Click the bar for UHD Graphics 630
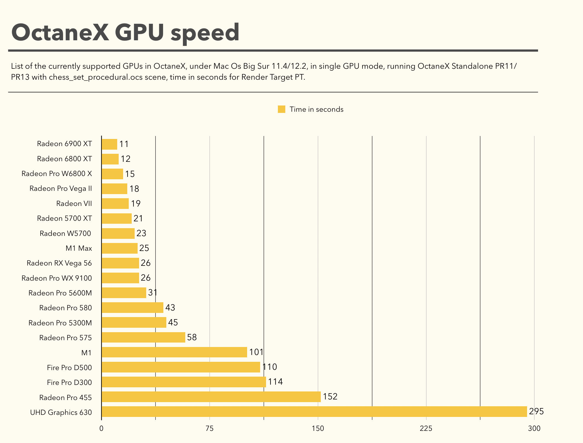pyautogui.click(x=314, y=412)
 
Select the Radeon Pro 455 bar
pyautogui.click(x=211, y=397)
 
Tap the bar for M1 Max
pyautogui.click(x=120, y=248)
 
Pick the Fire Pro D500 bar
pyautogui.click(x=181, y=367)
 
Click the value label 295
pyautogui.click(x=536, y=411)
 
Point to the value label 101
pyautogui.click(x=256, y=352)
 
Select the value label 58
pyautogui.click(x=192, y=337)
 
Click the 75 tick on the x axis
pyautogui.click(x=210, y=428)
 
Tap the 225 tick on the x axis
pyautogui.click(x=426, y=428)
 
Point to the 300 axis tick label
pyautogui.click(x=534, y=428)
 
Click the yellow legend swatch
pyautogui.click(x=281, y=109)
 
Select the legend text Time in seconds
pyautogui.click(x=316, y=109)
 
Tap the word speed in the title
pyautogui.click(x=205, y=33)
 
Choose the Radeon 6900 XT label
pyautogui.click(x=64, y=144)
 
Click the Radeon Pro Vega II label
pyautogui.click(x=61, y=188)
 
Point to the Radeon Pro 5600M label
pyautogui.click(x=60, y=293)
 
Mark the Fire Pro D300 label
pyautogui.click(x=69, y=383)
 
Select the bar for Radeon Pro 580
pyautogui.click(x=132, y=308)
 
